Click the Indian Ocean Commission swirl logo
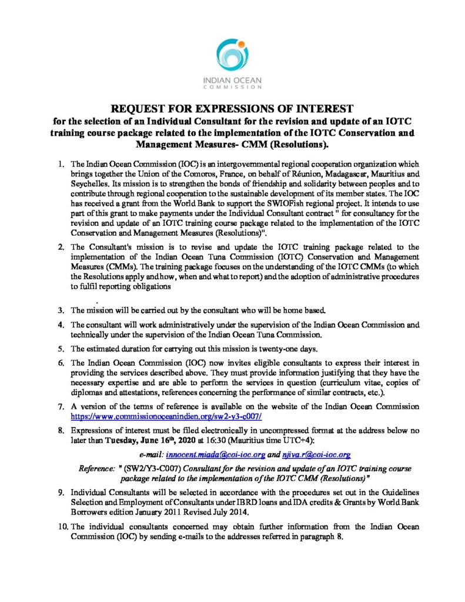[232, 52]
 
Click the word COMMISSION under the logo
[232, 87]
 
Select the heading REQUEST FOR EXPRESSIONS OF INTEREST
[232, 109]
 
